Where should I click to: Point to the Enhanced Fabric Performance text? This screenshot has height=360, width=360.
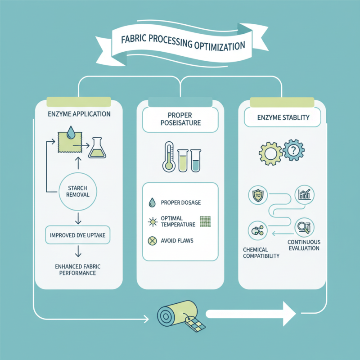78,270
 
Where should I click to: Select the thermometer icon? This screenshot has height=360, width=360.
169,157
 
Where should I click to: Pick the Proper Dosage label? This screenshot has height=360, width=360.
179,203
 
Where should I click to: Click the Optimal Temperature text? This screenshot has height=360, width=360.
178,220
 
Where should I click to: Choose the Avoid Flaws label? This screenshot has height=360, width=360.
177,241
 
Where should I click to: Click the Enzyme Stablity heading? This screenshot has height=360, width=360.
283,118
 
